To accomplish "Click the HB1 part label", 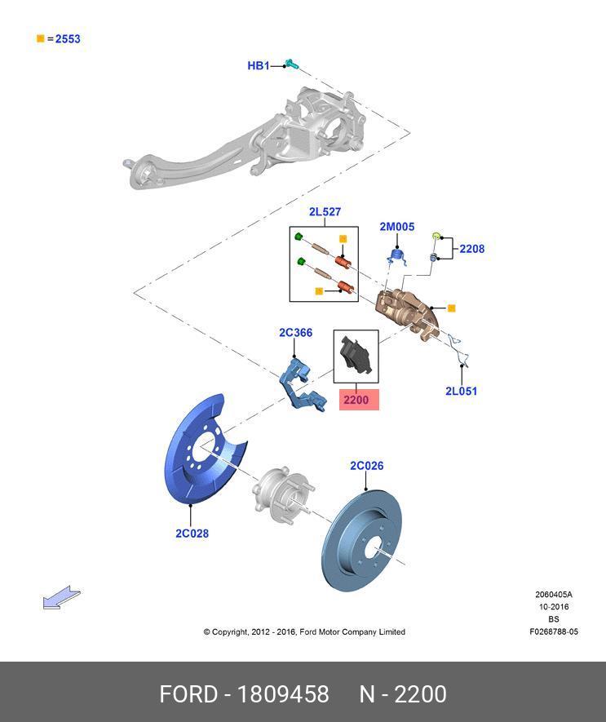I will pyautogui.click(x=258, y=65).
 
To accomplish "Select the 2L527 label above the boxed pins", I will pyautogui.click(x=324, y=212).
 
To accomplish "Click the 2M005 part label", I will pyautogui.click(x=396, y=227).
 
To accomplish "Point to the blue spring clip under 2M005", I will pyautogui.click(x=396, y=256).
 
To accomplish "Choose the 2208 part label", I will pyautogui.click(x=471, y=249).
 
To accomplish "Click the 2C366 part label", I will pyautogui.click(x=295, y=333).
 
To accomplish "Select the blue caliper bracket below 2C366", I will pyautogui.click(x=299, y=380).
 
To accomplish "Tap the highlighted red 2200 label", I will pyautogui.click(x=356, y=401).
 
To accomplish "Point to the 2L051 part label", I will pyautogui.click(x=461, y=391).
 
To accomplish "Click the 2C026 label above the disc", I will pyautogui.click(x=366, y=466).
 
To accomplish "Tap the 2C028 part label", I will pyautogui.click(x=192, y=534).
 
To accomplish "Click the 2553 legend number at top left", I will pyautogui.click(x=68, y=38).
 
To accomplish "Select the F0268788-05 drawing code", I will pyautogui.click(x=553, y=631).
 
